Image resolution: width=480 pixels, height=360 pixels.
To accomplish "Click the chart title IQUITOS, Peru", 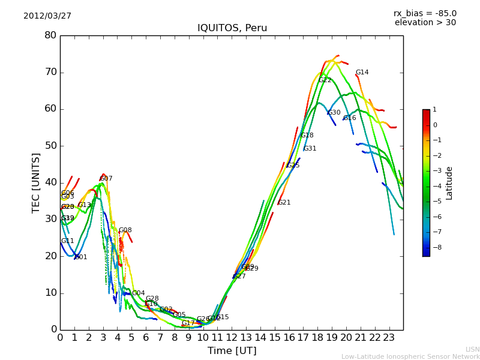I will (x=232, y=28).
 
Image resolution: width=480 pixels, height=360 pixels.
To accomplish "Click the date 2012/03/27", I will (x=47, y=16).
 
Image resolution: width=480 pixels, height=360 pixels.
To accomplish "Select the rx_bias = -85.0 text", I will (x=425, y=14).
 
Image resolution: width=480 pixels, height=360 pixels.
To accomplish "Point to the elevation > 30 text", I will (x=425, y=23).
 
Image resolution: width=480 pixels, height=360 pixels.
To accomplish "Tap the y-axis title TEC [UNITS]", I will (x=36, y=182).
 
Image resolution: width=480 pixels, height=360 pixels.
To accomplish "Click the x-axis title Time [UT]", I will (x=232, y=350).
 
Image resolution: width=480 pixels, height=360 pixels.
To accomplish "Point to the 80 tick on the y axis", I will (x=50, y=35).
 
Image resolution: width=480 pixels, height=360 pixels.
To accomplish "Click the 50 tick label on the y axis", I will (x=50, y=146).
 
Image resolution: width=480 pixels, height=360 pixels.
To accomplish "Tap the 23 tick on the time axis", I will (x=389, y=337).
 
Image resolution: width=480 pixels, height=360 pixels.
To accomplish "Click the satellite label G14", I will (x=362, y=73).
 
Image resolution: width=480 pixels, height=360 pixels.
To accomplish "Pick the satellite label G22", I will (x=325, y=80).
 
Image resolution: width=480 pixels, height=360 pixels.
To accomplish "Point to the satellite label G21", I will (x=284, y=203).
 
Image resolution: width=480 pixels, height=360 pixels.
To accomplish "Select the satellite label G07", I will (x=106, y=179).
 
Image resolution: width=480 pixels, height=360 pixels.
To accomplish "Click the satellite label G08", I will (x=125, y=230).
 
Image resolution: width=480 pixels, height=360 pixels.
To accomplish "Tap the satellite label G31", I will (x=310, y=149).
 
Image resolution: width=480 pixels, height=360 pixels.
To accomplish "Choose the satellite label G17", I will (x=188, y=323).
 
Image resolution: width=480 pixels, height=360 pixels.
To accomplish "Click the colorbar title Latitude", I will (x=449, y=183).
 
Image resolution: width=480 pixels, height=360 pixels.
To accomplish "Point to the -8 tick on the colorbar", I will (x=434, y=246).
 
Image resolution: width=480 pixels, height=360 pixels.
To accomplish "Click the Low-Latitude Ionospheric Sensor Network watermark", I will (x=410, y=357).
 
